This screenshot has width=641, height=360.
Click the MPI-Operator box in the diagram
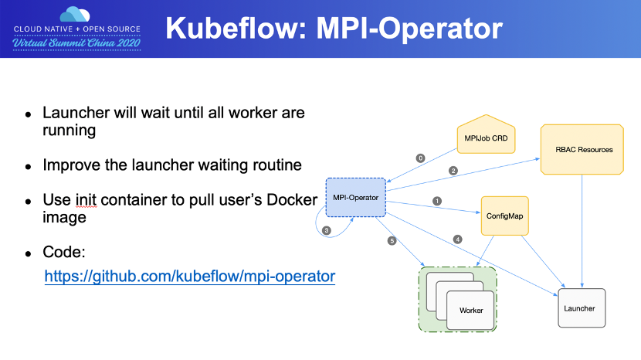[x=356, y=197]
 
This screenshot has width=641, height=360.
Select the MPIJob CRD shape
[x=486, y=134]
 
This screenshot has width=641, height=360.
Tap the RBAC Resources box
[x=582, y=149]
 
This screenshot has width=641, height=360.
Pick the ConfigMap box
[x=505, y=216]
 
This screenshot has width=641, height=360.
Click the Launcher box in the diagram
[x=582, y=308]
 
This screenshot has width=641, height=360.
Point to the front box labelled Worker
[x=470, y=310]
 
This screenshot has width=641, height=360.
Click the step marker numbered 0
[x=420, y=158]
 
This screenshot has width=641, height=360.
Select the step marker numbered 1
[x=437, y=201]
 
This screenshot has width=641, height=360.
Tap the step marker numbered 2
[x=453, y=171]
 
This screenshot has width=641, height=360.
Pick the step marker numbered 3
[x=326, y=230]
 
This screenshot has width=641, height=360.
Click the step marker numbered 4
[x=457, y=239]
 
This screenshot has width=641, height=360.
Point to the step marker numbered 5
[x=392, y=240]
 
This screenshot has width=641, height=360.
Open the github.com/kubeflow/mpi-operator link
[x=190, y=276]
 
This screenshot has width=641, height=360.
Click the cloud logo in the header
[x=75, y=15]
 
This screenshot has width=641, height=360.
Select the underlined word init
[x=86, y=199]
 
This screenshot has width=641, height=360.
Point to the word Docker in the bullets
[x=292, y=199]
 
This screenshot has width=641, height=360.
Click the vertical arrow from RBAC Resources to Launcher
[x=582, y=231]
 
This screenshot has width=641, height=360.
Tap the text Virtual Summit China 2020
[x=77, y=43]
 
